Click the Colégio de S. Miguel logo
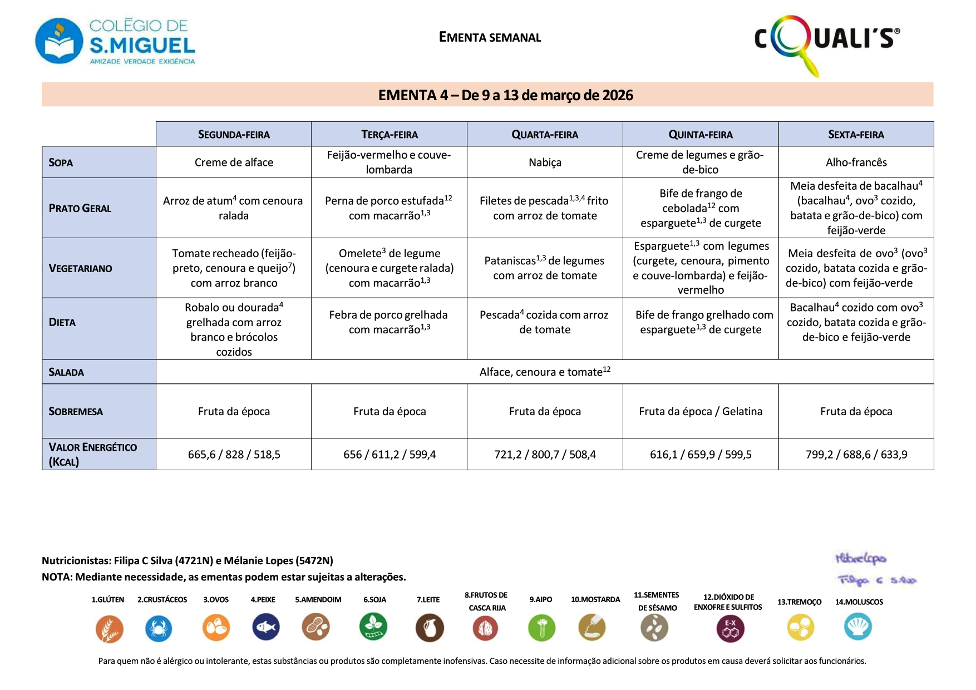115,42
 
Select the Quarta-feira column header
545,134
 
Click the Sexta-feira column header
856,134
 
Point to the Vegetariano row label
81,268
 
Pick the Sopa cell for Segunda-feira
234,162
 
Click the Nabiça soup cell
545,162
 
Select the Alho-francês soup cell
856,162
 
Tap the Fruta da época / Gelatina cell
701,411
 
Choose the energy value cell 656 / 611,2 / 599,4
390,455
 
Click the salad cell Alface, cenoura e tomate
545,372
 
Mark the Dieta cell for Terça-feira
390,322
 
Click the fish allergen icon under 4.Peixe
265,628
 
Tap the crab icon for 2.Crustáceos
159,629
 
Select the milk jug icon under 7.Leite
430,628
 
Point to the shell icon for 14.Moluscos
857,627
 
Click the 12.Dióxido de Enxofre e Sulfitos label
728,602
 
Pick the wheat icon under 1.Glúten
109,629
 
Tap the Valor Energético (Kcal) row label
92,454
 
